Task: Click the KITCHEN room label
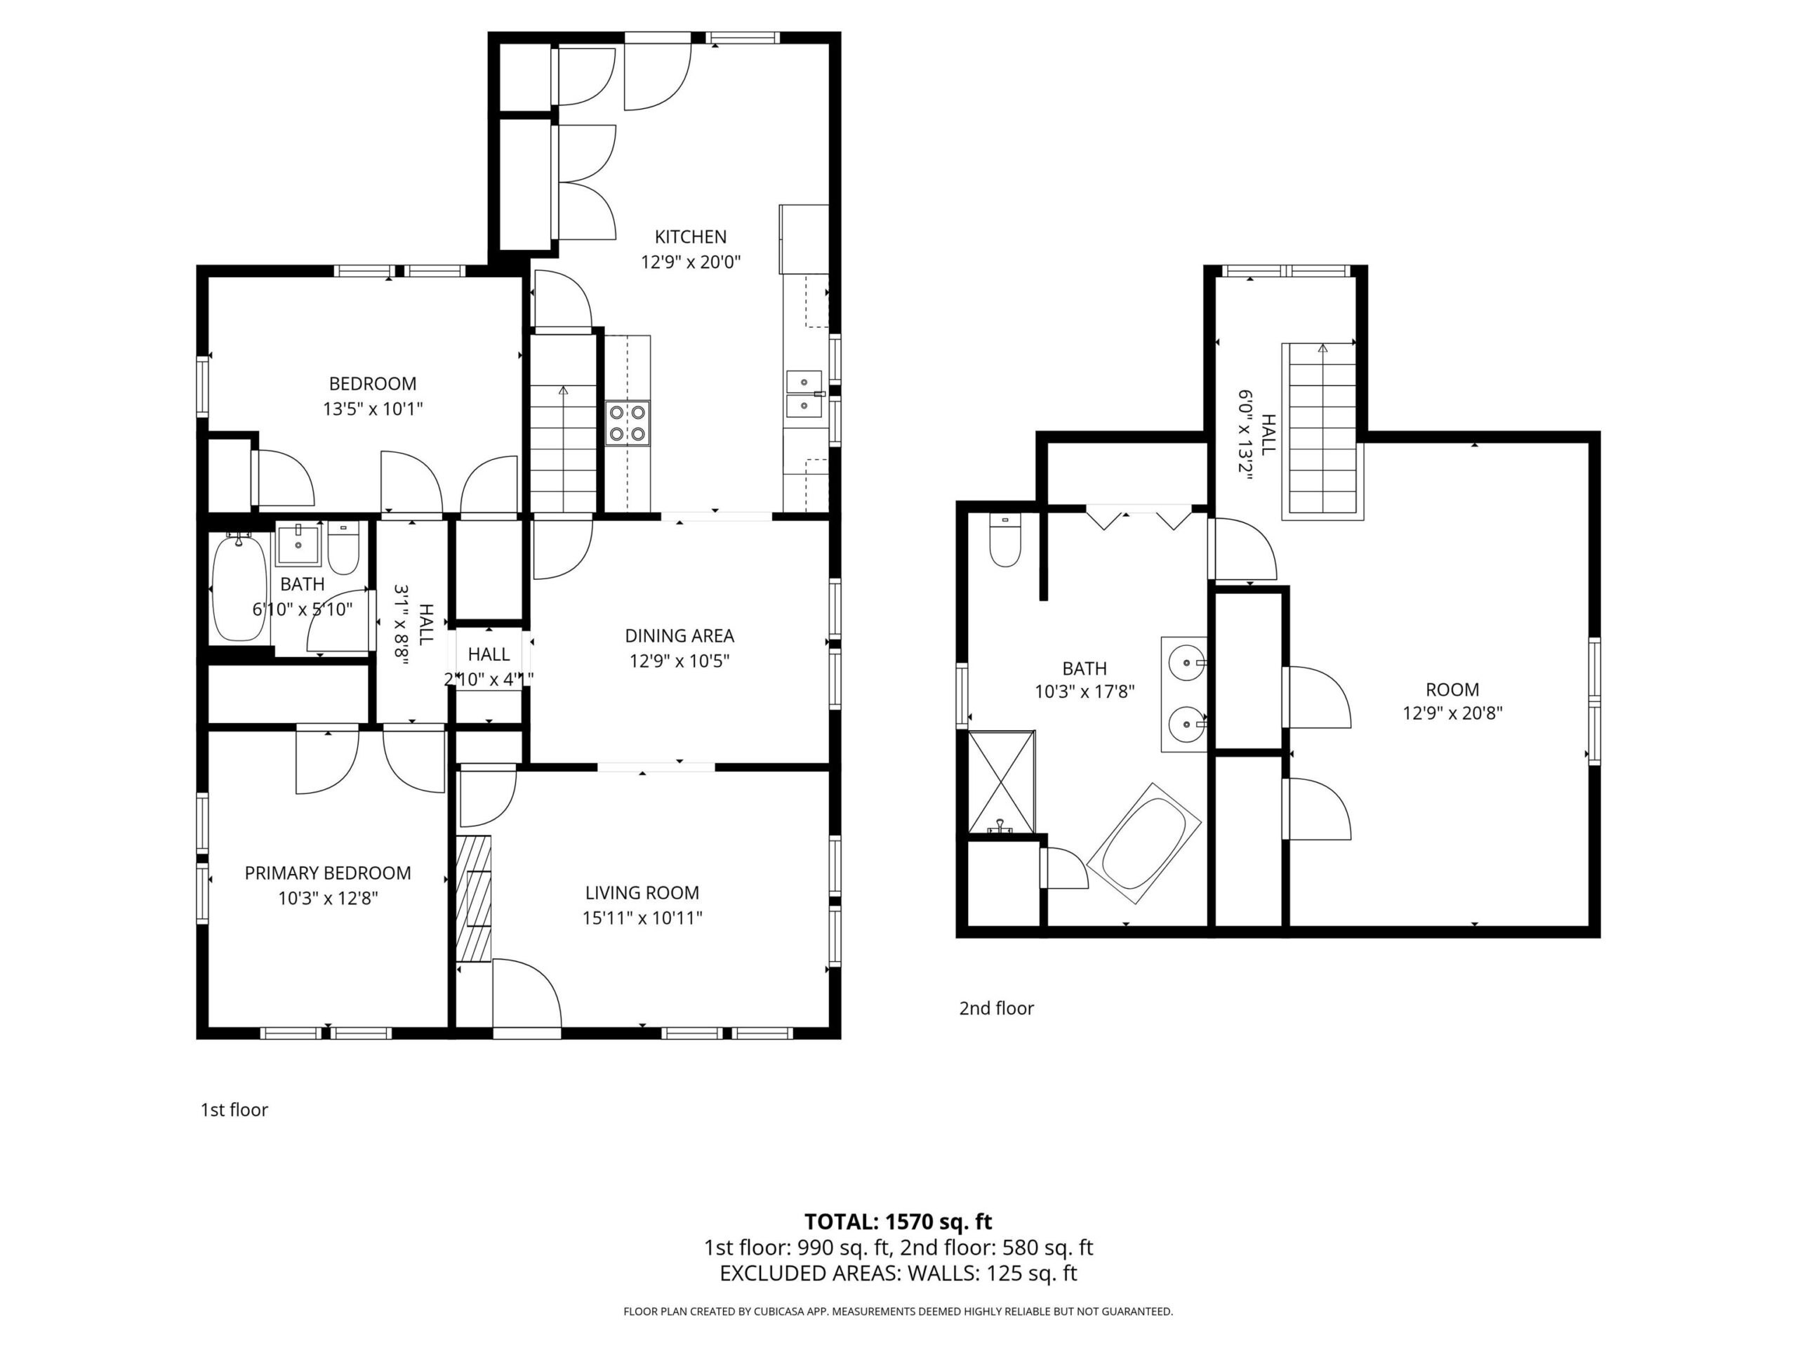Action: (691, 237)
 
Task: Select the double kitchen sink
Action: (804, 393)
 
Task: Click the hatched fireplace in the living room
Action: (474, 898)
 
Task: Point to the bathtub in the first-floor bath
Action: (239, 587)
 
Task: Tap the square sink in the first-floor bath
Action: (298, 544)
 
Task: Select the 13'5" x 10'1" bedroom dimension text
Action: (373, 409)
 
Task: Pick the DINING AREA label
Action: (679, 635)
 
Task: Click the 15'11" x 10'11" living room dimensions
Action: (642, 918)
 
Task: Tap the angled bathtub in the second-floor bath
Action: (1144, 842)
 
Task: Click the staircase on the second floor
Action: (1322, 430)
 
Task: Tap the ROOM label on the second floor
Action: (1452, 689)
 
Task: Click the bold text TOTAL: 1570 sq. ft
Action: (898, 1221)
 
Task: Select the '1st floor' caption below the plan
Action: (234, 1109)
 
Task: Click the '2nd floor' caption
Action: (996, 1007)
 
